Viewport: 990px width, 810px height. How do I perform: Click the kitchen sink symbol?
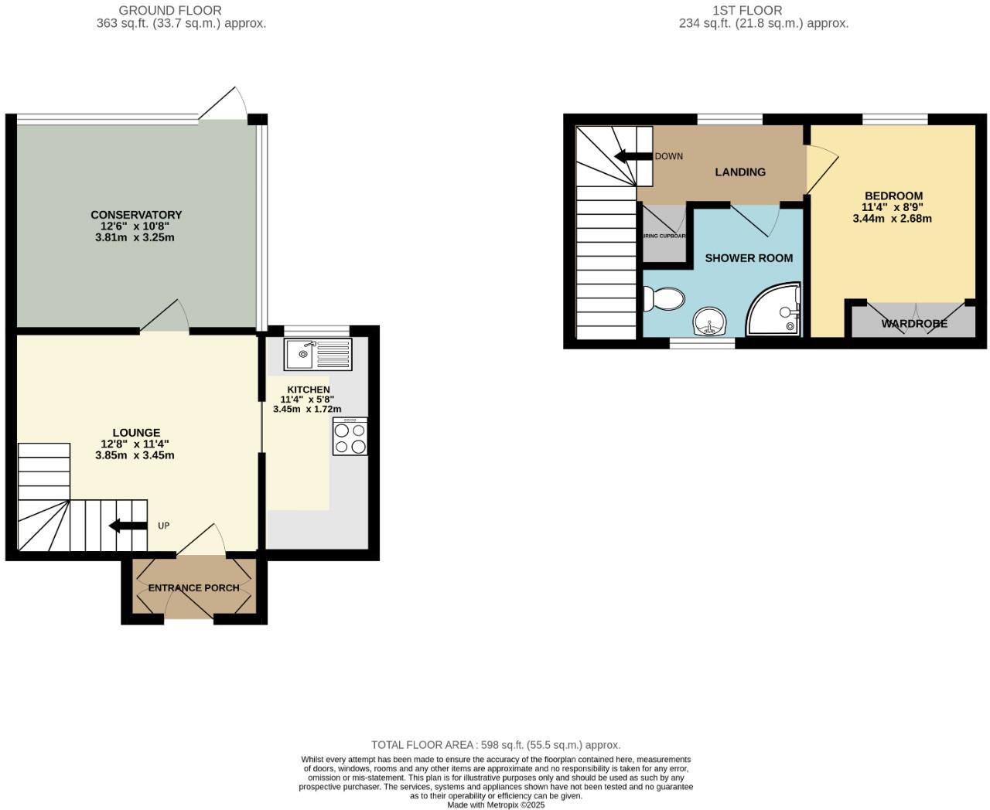(x=318, y=355)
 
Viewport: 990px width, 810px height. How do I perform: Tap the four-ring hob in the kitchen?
(x=350, y=437)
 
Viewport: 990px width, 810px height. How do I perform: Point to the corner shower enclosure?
(x=774, y=311)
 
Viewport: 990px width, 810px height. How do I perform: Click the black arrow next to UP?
(x=128, y=526)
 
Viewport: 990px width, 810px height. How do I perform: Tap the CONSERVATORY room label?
(x=136, y=215)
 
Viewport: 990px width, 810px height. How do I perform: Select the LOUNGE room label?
(x=136, y=433)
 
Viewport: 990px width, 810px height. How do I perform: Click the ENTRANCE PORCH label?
(x=193, y=588)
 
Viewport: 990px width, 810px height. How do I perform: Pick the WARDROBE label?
(x=914, y=324)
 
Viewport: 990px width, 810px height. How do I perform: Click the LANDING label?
(x=740, y=172)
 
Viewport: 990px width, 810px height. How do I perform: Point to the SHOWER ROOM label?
(x=749, y=258)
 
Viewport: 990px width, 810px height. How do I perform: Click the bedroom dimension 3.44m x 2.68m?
(x=892, y=219)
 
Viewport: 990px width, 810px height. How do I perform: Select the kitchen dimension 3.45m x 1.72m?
(x=307, y=409)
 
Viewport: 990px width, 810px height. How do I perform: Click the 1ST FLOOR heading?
(x=747, y=11)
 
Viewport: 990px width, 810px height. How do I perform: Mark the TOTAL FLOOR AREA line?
(x=496, y=745)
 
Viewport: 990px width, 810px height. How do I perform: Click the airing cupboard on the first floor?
(x=664, y=236)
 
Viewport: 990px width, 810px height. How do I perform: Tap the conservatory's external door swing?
(x=224, y=104)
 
